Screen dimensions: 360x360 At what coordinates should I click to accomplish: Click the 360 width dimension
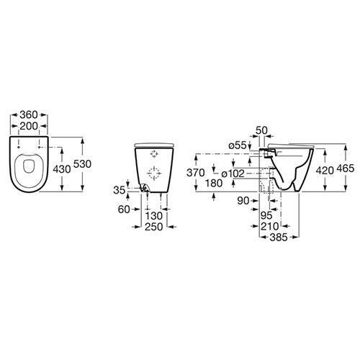click(x=29, y=114)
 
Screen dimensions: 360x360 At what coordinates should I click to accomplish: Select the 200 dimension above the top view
click(x=29, y=126)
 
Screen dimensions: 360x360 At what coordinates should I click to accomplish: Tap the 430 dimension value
click(x=62, y=169)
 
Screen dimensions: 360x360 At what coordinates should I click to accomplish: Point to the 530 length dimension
click(x=82, y=164)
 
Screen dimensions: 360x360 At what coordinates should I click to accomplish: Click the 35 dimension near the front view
click(x=120, y=190)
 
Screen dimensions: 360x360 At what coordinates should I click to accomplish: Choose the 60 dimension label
click(x=124, y=210)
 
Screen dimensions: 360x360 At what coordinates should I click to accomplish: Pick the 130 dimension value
click(x=154, y=216)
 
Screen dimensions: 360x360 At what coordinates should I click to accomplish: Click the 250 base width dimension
click(x=154, y=227)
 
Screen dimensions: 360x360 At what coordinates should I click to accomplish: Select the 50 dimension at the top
click(x=261, y=130)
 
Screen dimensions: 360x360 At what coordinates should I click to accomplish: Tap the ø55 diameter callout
click(x=238, y=145)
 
